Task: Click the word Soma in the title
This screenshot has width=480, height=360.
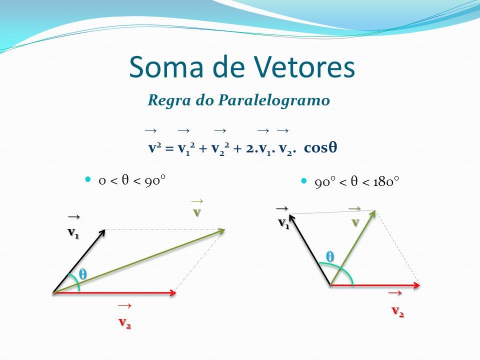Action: [166, 66]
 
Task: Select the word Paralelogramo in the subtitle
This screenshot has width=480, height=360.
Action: [274, 100]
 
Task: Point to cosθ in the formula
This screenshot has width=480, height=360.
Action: [320, 147]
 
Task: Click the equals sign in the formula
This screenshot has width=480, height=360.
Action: [169, 149]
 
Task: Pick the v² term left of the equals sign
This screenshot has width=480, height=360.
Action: [155, 147]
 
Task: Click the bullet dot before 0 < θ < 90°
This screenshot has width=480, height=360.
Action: [88, 179]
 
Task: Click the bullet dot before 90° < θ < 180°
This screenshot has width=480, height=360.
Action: [304, 180]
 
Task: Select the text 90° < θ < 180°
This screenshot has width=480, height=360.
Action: [357, 182]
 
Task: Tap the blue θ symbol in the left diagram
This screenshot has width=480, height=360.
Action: [82, 274]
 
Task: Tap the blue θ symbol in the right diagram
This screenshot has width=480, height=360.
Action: [329, 256]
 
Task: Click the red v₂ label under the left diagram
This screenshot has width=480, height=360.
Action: [125, 322]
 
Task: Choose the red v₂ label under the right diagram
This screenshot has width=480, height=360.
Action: [398, 311]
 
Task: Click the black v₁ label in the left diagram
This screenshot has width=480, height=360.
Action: [73, 232]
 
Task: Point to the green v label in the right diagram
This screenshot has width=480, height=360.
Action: [355, 222]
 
